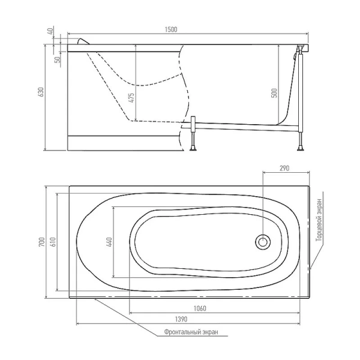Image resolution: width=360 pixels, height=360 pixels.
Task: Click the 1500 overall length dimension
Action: (x=171, y=29)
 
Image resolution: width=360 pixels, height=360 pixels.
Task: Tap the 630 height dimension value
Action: (x=41, y=92)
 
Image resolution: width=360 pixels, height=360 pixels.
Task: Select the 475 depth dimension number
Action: (x=131, y=98)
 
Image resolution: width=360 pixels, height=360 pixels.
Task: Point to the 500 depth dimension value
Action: (x=275, y=93)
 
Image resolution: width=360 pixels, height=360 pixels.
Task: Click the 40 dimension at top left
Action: (x=51, y=30)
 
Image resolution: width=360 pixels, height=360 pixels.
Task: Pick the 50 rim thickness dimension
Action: (x=58, y=59)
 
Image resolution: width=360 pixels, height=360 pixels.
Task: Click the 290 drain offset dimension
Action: (x=284, y=168)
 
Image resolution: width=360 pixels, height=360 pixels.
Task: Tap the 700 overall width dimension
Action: (x=41, y=242)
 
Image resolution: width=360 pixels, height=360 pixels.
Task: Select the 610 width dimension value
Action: (x=53, y=242)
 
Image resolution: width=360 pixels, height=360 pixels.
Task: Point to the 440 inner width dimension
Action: (x=109, y=242)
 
